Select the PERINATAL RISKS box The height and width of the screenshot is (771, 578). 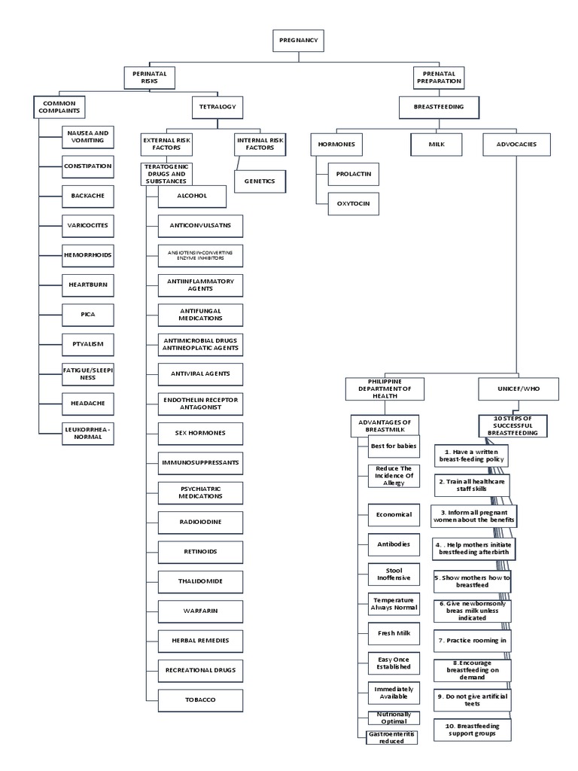point(149,78)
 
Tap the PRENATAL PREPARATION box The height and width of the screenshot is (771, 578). point(437,78)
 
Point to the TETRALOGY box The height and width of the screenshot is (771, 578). point(217,108)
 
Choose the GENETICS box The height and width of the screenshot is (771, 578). point(260,181)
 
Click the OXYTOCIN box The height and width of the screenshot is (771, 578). point(353,203)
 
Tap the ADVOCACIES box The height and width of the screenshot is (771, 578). point(516,144)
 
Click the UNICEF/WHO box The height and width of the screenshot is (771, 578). point(519,389)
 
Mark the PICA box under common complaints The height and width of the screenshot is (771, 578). point(88,312)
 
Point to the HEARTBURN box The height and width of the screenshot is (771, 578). point(88,284)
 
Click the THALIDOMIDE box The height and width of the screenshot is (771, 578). point(201,582)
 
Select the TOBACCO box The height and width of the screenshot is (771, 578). point(201,699)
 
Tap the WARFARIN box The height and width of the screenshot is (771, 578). point(201,611)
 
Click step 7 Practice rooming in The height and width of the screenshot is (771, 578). point(472,640)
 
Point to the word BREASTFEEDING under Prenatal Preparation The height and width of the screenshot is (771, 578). point(438,108)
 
